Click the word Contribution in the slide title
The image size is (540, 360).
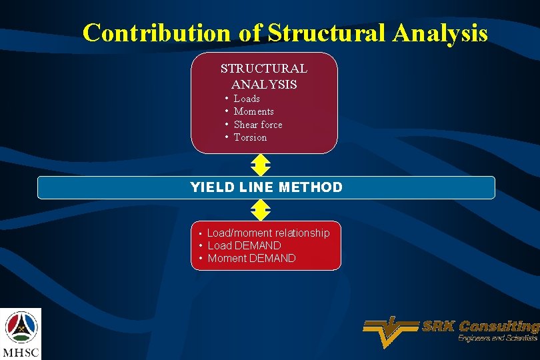[158, 32]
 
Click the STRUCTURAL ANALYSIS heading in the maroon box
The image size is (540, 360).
[264, 76]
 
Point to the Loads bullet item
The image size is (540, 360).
[247, 99]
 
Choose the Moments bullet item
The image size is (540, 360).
[253, 111]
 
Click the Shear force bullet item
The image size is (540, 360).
[258, 125]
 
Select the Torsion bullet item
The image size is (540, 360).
[250, 137]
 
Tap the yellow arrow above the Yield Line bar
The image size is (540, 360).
[260, 165]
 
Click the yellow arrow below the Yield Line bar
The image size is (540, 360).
[260, 210]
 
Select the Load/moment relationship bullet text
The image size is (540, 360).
[268, 233]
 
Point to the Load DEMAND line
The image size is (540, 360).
[244, 245]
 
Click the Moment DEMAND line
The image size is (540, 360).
[251, 258]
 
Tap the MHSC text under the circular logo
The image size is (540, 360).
[21, 351]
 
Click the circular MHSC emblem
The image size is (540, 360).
[21, 326]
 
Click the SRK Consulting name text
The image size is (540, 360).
[480, 327]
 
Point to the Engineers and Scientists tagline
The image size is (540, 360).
[497, 339]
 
